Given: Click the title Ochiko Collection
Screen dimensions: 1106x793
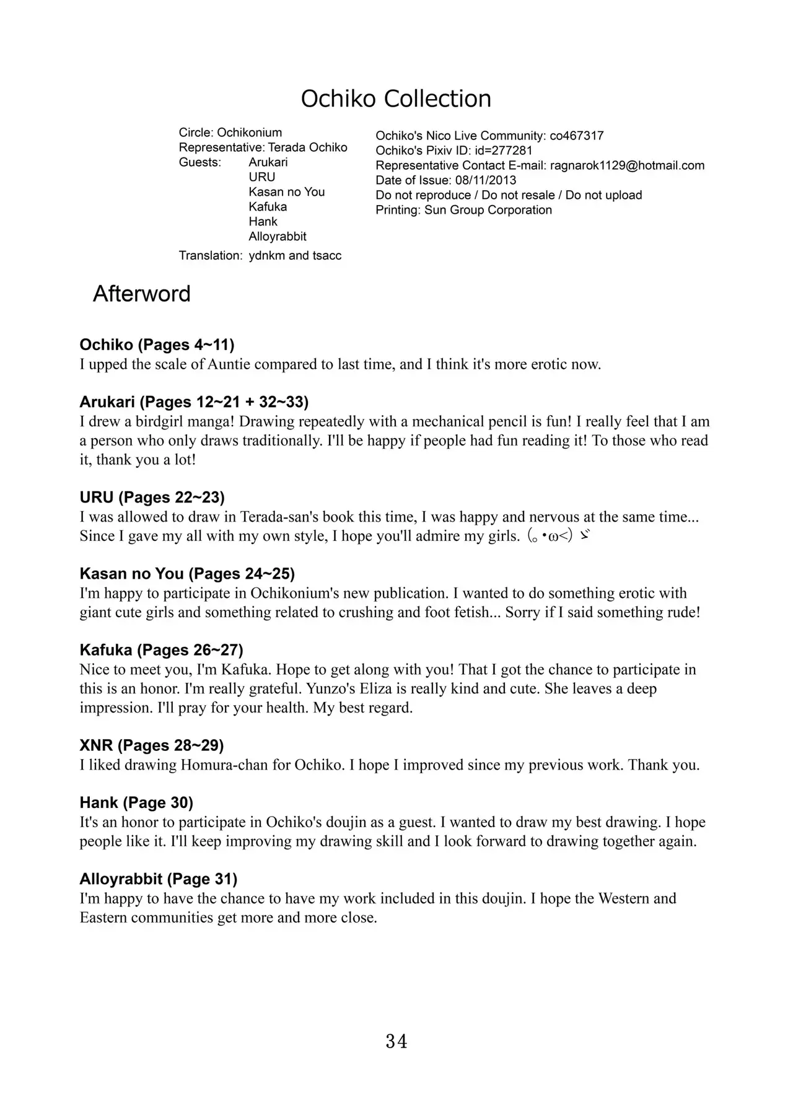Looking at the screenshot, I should point(396,99).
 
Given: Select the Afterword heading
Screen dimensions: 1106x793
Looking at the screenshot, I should point(141,294).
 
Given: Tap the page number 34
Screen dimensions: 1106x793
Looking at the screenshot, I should point(396,1042).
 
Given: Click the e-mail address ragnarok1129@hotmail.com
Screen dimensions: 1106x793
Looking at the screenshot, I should point(627,165).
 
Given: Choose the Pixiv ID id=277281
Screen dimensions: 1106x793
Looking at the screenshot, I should point(504,151).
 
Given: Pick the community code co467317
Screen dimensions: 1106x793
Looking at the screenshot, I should point(576,136).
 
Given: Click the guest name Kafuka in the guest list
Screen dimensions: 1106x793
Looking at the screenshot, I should point(268,207).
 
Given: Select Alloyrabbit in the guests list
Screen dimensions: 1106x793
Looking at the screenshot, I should point(278,237).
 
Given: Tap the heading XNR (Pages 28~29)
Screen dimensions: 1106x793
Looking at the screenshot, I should point(152,745).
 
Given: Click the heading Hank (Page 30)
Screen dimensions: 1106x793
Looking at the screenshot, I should point(136,803).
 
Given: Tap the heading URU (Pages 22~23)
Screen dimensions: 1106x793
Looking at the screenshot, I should point(152,498).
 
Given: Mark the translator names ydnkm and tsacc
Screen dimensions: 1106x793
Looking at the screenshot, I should point(295,256).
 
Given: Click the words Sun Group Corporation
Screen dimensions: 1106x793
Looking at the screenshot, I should point(488,210).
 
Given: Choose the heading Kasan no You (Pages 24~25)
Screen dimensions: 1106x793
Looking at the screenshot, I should point(187,574).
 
